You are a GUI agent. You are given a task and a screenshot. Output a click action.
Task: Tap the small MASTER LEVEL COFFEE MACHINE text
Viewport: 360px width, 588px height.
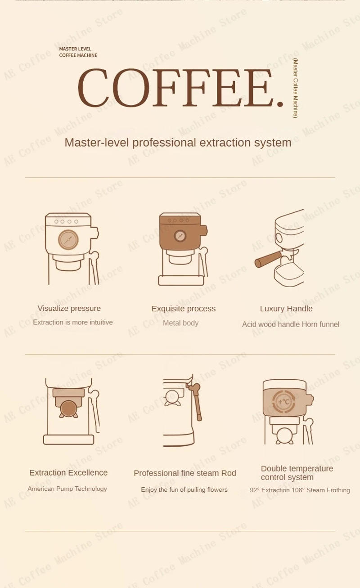click(78, 52)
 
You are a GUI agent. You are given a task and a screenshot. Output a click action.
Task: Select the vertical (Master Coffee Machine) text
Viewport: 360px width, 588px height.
click(295, 88)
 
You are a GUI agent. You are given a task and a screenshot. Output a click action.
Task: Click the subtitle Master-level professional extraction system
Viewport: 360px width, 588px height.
click(178, 143)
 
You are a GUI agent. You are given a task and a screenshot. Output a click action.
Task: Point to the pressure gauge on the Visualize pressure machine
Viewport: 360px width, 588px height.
click(68, 240)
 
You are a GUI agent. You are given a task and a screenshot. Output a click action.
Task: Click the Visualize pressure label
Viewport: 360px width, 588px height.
click(69, 309)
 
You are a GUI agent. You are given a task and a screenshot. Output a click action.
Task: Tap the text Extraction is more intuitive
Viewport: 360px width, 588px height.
click(72, 323)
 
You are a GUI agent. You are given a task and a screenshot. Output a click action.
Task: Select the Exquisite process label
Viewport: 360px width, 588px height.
click(183, 309)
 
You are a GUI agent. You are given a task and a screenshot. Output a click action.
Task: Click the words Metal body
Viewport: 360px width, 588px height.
click(180, 323)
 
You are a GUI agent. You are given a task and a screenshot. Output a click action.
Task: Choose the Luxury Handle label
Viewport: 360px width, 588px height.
click(286, 309)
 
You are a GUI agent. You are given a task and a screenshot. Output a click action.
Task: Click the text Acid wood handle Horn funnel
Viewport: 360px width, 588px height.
click(290, 324)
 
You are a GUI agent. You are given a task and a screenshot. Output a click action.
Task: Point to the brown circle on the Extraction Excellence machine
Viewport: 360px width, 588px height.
click(68, 408)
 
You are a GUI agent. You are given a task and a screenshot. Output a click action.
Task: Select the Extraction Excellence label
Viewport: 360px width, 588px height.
click(68, 473)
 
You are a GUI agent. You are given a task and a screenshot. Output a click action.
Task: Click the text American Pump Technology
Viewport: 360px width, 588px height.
click(67, 489)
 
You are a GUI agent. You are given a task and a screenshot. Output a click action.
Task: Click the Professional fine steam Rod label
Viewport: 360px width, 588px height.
click(184, 473)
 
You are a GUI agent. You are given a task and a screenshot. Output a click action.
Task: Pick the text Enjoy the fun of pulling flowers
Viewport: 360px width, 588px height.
click(184, 490)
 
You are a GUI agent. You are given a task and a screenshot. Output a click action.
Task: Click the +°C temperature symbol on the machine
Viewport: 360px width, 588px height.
click(284, 402)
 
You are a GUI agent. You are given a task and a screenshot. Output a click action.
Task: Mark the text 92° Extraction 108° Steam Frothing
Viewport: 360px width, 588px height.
click(300, 490)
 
